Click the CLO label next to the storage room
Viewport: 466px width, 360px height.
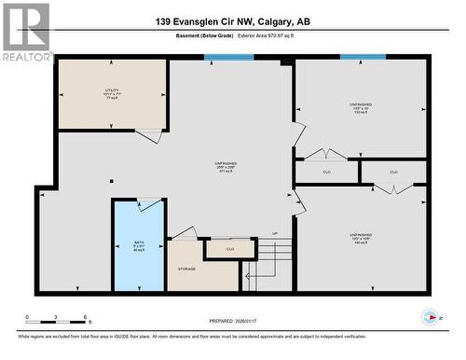tap(229, 249)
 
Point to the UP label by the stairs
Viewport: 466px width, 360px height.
tap(275, 233)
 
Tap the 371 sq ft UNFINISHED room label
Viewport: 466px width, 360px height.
tap(225, 167)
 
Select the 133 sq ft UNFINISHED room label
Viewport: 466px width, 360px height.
tap(361, 109)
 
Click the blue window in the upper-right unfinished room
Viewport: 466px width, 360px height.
tap(363, 57)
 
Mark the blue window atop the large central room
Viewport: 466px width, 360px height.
tap(229, 57)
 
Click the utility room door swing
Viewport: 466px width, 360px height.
tap(148, 136)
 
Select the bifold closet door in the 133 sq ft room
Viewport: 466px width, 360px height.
tap(326, 154)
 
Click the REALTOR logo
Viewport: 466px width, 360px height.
tap(26, 32)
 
